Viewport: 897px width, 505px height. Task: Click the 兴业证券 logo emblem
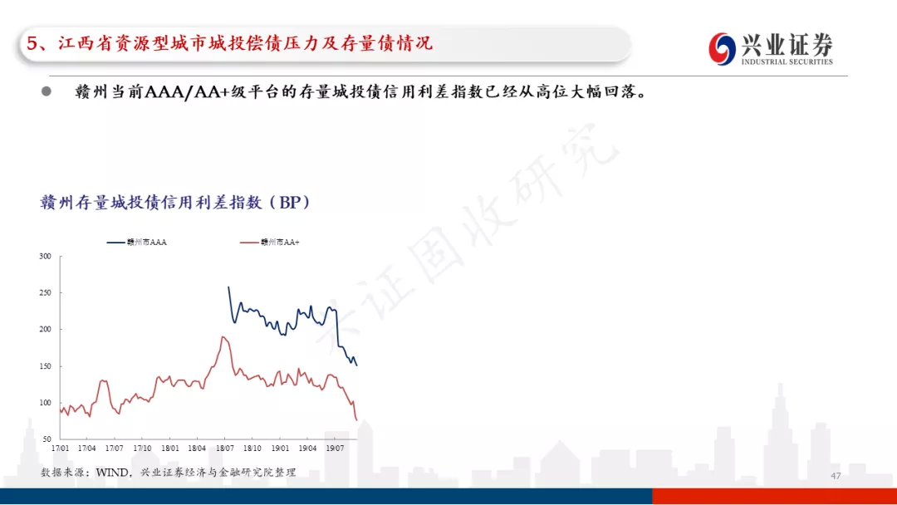pos(722,49)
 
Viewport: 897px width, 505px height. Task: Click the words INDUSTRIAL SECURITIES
pos(787,61)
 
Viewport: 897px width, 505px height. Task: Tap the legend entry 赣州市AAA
pos(137,243)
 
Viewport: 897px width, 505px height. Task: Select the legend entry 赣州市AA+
pos(269,243)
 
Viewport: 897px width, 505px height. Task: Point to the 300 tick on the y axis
pos(45,256)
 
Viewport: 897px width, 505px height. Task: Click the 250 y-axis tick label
pos(45,293)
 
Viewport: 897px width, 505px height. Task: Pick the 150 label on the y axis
pos(45,366)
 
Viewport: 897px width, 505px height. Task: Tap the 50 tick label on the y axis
pos(47,439)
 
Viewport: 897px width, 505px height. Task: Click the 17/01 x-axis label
pos(60,449)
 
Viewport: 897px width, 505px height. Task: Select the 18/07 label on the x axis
pos(225,449)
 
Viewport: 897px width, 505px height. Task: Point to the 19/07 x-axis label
pos(335,449)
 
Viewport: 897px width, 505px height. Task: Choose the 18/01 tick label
pos(170,449)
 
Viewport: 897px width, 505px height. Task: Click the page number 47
pos(836,476)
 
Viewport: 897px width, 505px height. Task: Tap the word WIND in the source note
pos(113,473)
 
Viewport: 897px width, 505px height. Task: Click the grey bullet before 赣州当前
pos(47,91)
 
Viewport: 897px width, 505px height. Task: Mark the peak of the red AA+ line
pos(223,337)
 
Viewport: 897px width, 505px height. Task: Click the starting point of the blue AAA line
pos(229,287)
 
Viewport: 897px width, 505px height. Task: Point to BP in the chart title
pos(290,203)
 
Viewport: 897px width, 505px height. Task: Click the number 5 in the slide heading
pos(32,43)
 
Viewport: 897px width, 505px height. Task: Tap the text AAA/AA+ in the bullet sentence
pos(187,91)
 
